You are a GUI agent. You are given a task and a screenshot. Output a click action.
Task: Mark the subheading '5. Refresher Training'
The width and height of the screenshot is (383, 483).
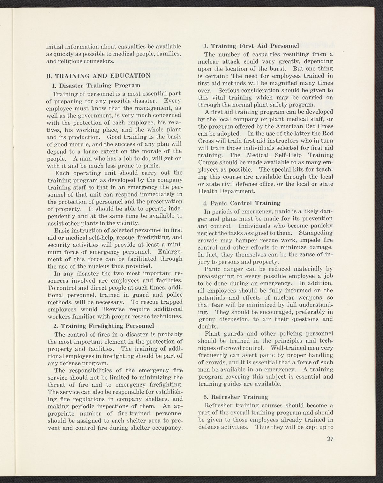[236, 397]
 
